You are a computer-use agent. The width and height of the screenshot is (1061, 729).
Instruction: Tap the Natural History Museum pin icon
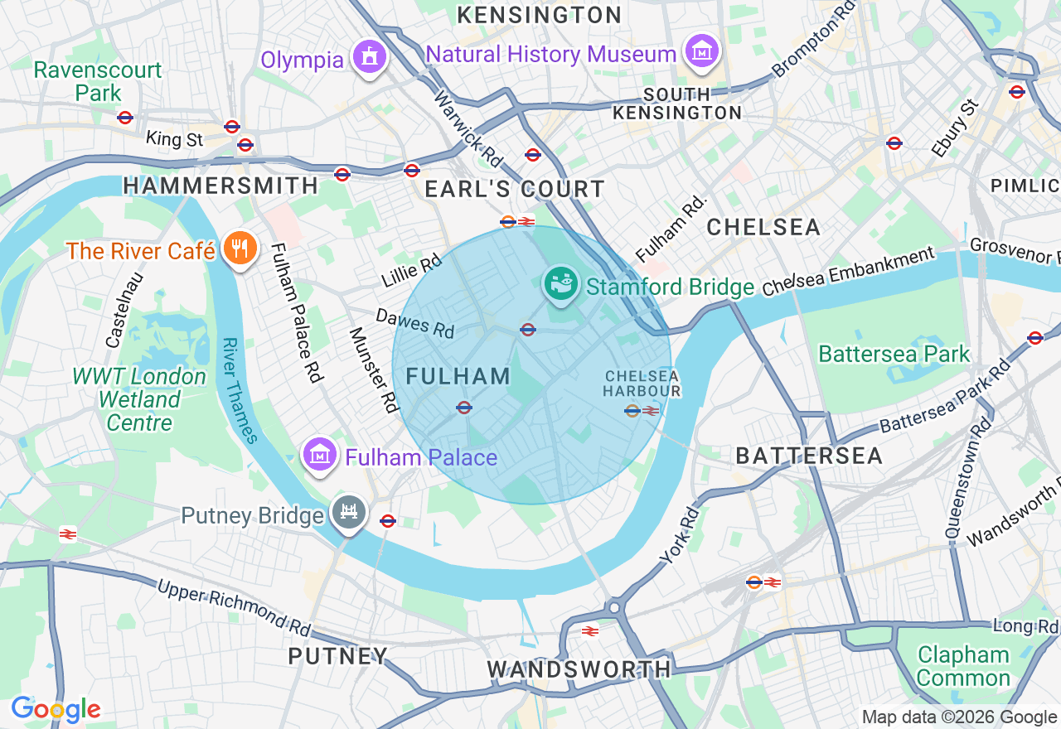pyautogui.click(x=701, y=51)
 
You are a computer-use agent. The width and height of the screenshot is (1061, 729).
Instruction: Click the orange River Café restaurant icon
pyautogui.click(x=239, y=249)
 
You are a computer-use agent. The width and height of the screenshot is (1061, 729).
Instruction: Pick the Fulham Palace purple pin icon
pyautogui.click(x=319, y=455)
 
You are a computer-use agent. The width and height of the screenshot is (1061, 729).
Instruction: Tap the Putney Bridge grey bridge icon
pyautogui.click(x=349, y=513)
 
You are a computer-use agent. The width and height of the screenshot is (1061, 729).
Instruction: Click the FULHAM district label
pyautogui.click(x=458, y=376)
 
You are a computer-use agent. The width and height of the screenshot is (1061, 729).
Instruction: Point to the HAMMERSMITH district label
pyautogui.click(x=220, y=186)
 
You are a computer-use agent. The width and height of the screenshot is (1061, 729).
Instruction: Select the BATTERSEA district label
pyautogui.click(x=809, y=455)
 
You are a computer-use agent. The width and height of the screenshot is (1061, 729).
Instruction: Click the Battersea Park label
pyautogui.click(x=894, y=354)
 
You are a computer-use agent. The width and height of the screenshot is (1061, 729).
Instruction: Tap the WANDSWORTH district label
pyautogui.click(x=579, y=669)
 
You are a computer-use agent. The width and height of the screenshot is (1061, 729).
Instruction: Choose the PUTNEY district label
pyautogui.click(x=338, y=656)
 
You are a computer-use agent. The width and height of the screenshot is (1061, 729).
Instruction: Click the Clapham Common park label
pyautogui.click(x=963, y=666)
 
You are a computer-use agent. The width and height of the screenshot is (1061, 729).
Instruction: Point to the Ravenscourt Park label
pyautogui.click(x=98, y=81)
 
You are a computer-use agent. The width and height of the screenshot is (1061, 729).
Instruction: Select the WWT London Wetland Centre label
pyautogui.click(x=139, y=399)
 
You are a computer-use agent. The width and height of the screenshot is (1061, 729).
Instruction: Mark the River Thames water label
pyautogui.click(x=241, y=390)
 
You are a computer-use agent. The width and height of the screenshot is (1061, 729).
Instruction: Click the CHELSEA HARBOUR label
pyautogui.click(x=642, y=384)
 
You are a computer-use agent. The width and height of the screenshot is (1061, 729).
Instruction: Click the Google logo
pyautogui.click(x=56, y=709)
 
